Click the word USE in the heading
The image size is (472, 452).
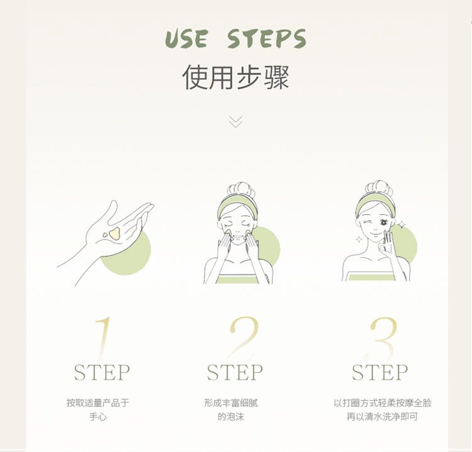(186, 39)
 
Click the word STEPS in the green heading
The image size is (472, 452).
(267, 38)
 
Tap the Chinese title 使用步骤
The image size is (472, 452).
(236, 77)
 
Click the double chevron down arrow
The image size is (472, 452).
(236, 122)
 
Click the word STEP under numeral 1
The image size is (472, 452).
(102, 373)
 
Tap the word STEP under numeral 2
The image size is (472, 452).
(235, 373)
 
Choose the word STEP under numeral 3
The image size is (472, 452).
(380, 373)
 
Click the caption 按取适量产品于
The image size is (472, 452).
(98, 403)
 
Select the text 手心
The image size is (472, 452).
(98, 417)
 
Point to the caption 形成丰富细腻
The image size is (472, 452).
(231, 403)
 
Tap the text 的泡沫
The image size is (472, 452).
(231, 417)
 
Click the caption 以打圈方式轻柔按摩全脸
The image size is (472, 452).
(383, 403)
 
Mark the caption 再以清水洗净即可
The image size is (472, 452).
(382, 417)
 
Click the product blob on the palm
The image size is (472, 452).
(115, 233)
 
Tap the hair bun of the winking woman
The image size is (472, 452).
(379, 188)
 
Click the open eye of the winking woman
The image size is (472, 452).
(384, 223)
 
